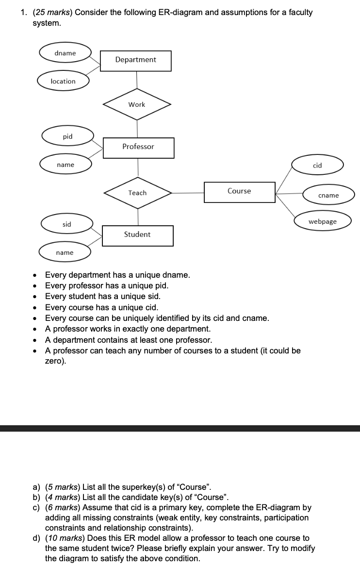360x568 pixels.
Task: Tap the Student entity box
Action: pyautogui.click(x=138, y=235)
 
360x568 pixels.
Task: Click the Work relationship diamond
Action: pyautogui.click(x=137, y=104)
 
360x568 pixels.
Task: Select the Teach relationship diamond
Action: pyautogui.click(x=137, y=193)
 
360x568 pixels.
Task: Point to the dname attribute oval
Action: pyautogui.click(x=65, y=53)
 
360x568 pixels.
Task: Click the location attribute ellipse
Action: pyautogui.click(x=63, y=81)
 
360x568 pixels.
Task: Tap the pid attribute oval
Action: pyautogui.click(x=67, y=136)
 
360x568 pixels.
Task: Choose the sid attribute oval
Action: pyautogui.click(x=67, y=224)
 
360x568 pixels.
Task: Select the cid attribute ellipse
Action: pyautogui.click(x=317, y=166)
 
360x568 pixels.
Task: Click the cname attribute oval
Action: pyautogui.click(x=328, y=195)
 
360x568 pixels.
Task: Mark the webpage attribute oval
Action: pyautogui.click(x=323, y=221)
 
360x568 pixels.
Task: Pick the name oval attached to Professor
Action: pyautogui.click(x=65, y=165)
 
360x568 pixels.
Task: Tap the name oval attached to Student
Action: pyautogui.click(x=65, y=252)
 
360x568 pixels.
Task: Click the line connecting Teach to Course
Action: pyautogui.click(x=188, y=193)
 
